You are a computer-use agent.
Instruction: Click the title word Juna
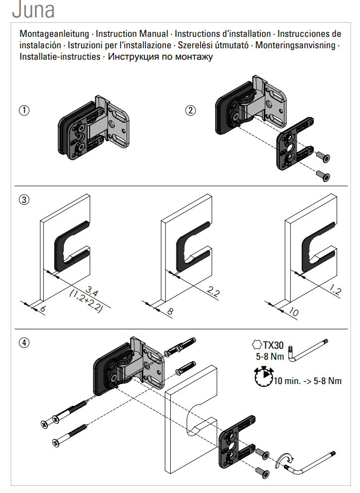[33, 10]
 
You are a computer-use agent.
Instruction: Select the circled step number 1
[23, 110]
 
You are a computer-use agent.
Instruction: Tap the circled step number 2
[190, 110]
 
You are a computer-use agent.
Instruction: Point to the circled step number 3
[23, 200]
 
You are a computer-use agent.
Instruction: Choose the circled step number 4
[23, 342]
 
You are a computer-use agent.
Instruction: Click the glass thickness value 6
[43, 309]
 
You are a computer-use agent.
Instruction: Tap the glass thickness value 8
[169, 311]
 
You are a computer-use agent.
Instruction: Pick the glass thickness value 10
[293, 312]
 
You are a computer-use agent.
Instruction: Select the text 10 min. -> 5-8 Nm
[307, 382]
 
